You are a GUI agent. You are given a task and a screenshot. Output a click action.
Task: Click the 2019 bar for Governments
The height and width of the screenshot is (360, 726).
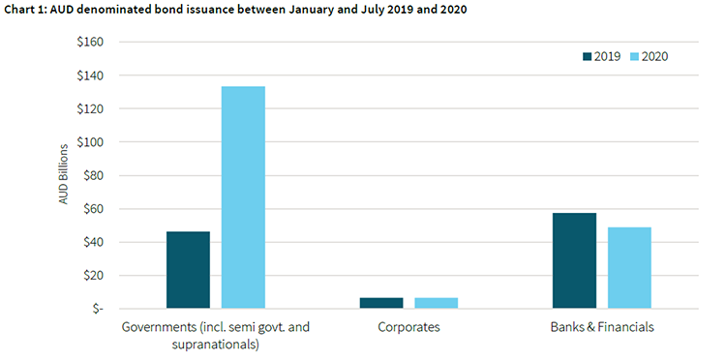click(188, 270)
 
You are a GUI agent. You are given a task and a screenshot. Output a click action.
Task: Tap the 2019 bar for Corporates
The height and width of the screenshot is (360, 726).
click(380, 303)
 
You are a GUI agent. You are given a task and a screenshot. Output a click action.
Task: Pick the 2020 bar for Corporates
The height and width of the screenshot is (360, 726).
click(437, 303)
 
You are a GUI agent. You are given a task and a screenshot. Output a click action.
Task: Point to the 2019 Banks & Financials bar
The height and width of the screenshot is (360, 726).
click(574, 260)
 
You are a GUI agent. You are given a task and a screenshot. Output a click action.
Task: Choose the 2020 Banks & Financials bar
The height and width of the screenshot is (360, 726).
click(629, 268)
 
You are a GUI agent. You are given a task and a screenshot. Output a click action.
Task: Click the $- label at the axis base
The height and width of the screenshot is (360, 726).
click(94, 309)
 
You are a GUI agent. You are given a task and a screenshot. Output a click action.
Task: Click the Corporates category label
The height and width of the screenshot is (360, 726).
click(408, 327)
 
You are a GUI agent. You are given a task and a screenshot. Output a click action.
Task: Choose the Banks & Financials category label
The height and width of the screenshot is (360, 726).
click(601, 327)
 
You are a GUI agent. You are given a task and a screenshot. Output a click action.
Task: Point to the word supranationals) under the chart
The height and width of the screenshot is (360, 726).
click(215, 344)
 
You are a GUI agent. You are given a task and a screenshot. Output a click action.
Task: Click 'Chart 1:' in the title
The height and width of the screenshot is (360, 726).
click(30, 10)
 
